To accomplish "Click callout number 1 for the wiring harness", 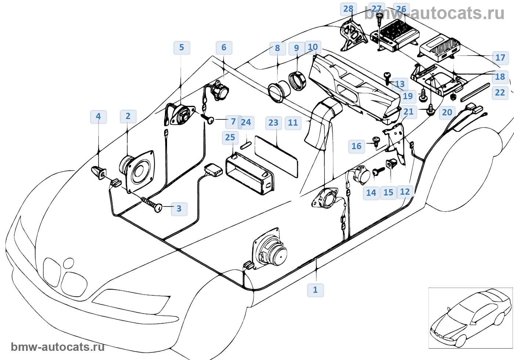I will pos(315,290).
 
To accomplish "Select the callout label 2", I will pos(128,116).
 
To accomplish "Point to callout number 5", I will pos(181,47).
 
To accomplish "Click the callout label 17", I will pos(500,58).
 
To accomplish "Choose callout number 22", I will pos(500,93).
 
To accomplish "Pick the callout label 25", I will pos(230,137).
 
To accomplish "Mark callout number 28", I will pos(348,9).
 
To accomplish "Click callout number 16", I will pos(356,146).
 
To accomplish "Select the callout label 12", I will pos(405,192).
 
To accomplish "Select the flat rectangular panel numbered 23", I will pos(276,156).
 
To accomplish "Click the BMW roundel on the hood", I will pos(68,263).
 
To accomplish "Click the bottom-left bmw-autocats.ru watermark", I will pos(58,347).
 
